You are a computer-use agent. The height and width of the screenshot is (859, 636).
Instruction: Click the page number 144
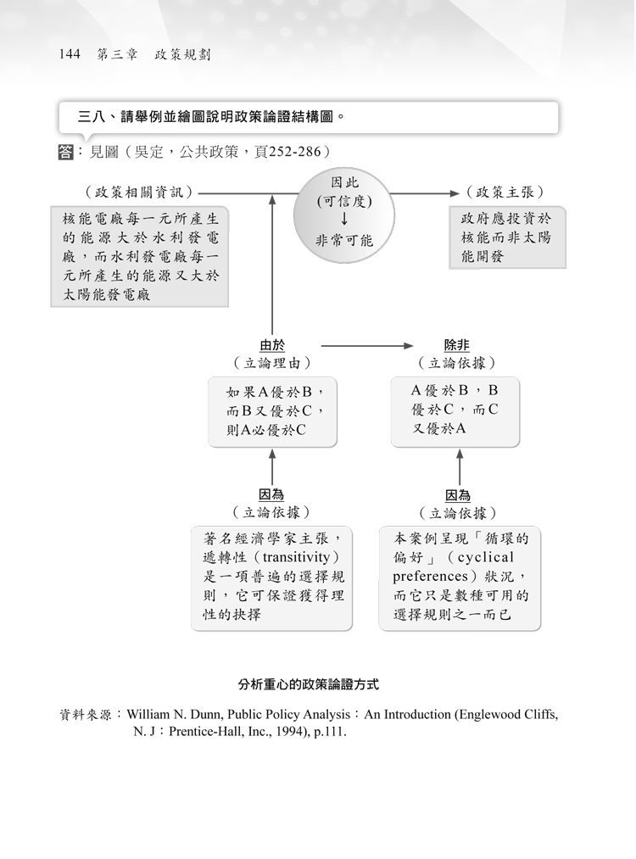click(x=70, y=54)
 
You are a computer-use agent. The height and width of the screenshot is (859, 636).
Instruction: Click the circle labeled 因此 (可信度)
click(x=344, y=215)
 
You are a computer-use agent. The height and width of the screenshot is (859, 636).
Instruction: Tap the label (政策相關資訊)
click(x=139, y=192)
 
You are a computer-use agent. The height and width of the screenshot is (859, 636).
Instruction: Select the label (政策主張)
click(x=505, y=192)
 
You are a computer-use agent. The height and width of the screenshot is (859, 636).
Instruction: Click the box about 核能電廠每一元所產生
click(x=140, y=256)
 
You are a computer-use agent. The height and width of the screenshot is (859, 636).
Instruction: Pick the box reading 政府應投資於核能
click(x=507, y=237)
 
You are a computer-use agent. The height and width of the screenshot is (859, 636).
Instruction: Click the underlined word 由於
click(x=272, y=345)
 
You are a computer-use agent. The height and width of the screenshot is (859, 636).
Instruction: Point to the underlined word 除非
click(x=457, y=345)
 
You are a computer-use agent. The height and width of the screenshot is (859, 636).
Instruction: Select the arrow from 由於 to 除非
click(x=367, y=346)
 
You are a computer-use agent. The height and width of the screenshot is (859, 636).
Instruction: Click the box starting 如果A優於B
click(x=272, y=412)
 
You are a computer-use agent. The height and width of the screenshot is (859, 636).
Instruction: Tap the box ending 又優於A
click(x=455, y=411)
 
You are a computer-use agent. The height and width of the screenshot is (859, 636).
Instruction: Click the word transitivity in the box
click(x=296, y=557)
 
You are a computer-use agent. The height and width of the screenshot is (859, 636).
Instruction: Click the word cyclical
click(x=485, y=557)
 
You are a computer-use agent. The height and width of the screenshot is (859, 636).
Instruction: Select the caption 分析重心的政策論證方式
click(x=309, y=685)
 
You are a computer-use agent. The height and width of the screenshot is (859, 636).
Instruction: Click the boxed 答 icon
click(x=65, y=152)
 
